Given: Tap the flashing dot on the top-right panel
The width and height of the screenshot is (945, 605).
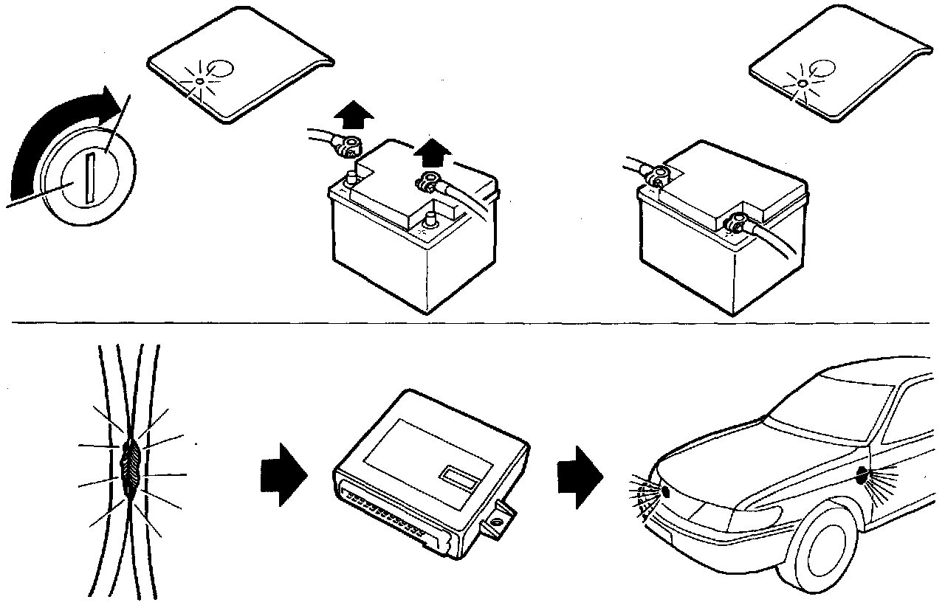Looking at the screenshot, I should [800, 82].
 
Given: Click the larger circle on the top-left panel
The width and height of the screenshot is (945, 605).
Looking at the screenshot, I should [221, 69].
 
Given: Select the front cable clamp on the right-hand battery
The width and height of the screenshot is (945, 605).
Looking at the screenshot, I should [736, 220].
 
